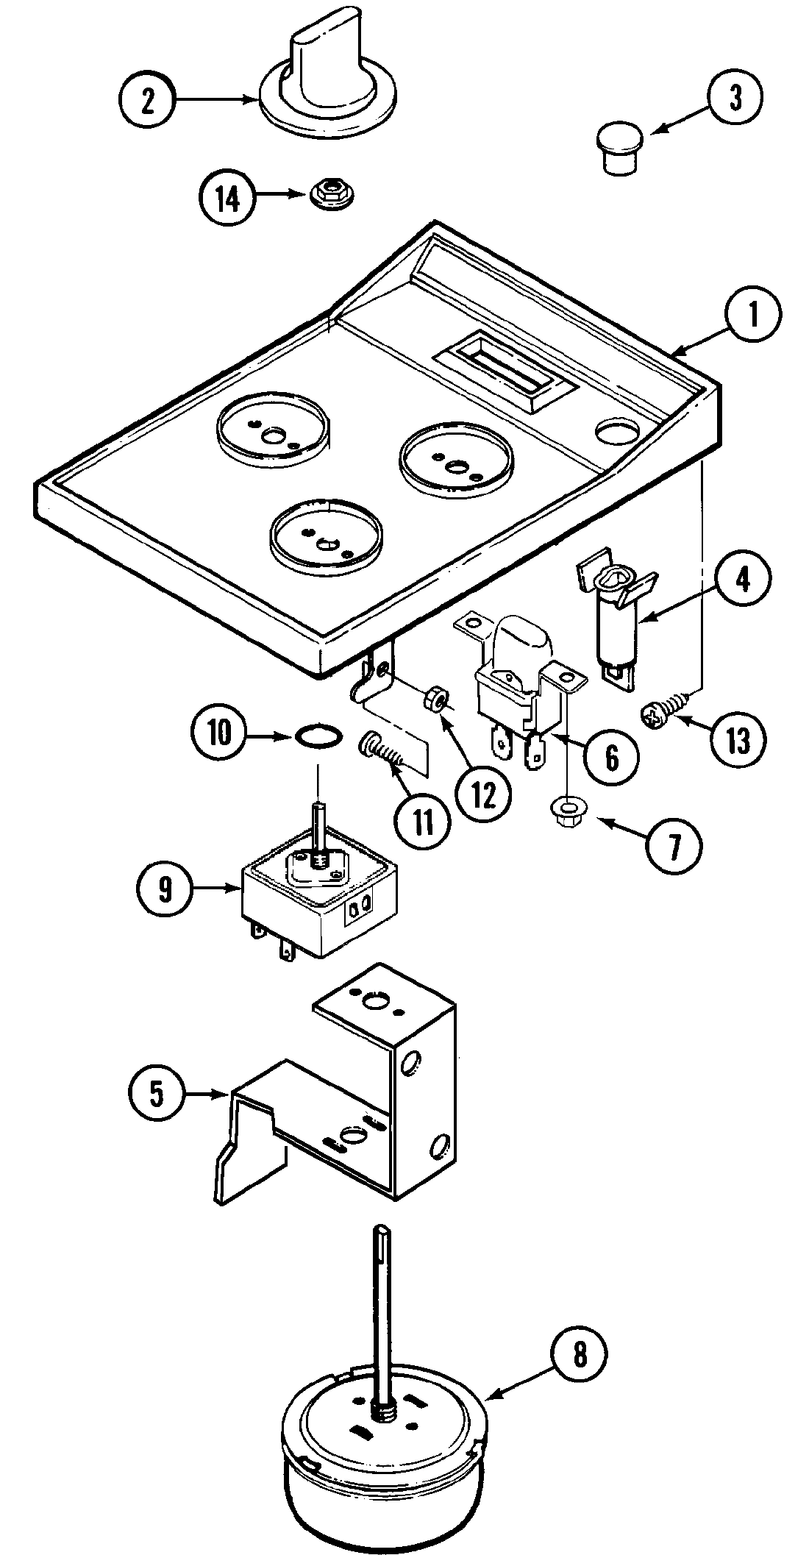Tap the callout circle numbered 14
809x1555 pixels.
228,198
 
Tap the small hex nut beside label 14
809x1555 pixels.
328,194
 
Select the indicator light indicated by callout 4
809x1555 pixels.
613,618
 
